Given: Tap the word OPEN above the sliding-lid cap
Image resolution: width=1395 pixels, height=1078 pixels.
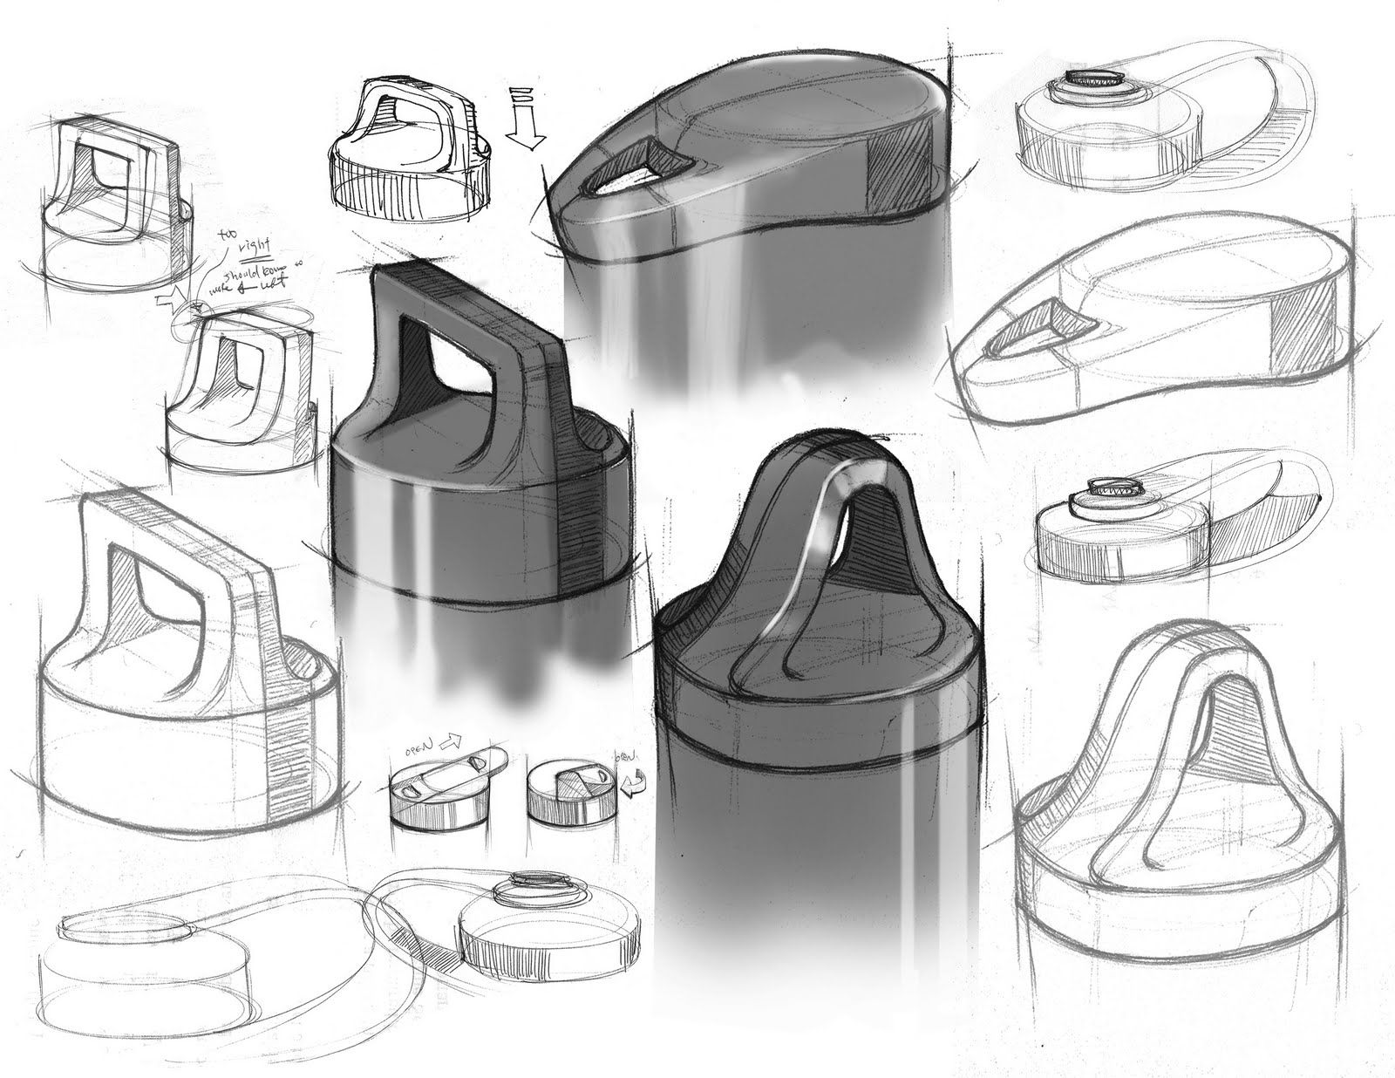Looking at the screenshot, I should pyautogui.click(x=420, y=750).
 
